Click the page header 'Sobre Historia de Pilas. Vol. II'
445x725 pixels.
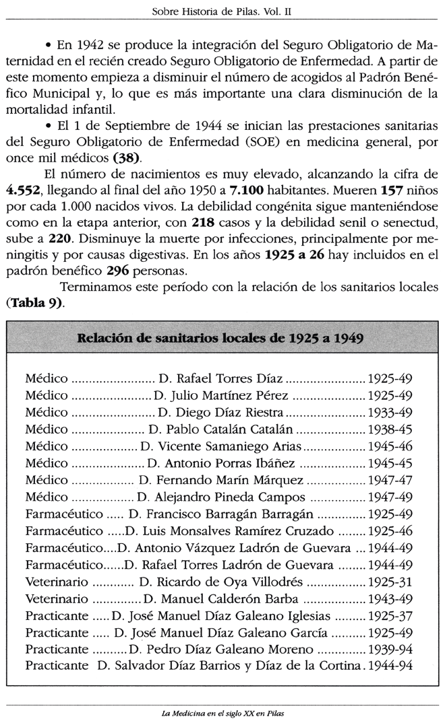[x=222, y=11]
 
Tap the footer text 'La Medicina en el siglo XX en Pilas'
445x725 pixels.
[x=222, y=714]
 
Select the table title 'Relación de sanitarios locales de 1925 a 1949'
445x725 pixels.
[x=222, y=337]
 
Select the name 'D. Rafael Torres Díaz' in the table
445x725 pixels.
[x=220, y=379]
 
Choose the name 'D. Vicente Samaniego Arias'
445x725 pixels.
[x=212, y=446]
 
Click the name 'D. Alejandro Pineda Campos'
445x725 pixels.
[x=220, y=497]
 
